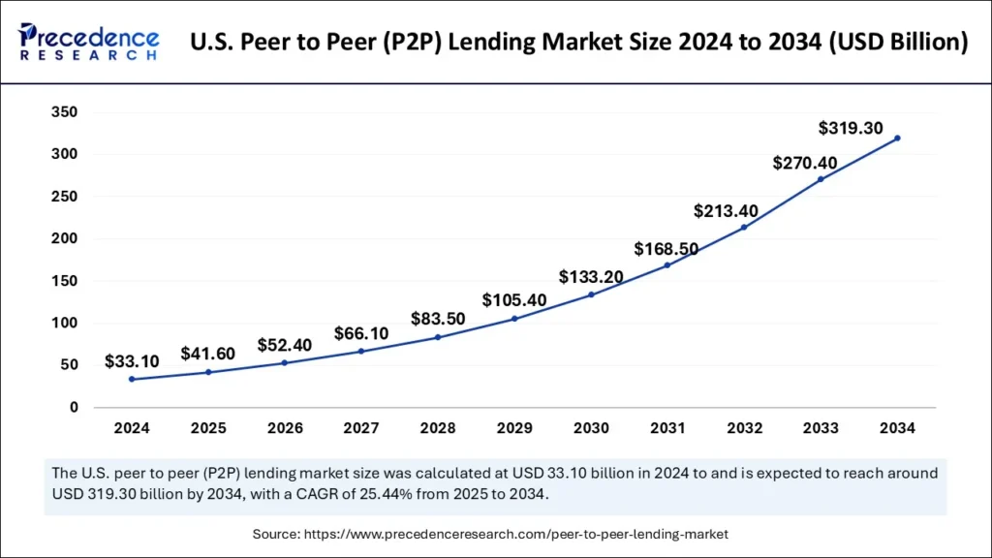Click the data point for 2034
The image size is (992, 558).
coord(897,138)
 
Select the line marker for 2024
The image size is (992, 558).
coord(132,379)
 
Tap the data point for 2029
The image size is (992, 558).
coord(514,319)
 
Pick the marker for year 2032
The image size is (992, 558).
coord(744,228)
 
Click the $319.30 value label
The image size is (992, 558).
coord(850,127)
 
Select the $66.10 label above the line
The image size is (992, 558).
coord(360,333)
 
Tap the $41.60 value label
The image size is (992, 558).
coord(207,354)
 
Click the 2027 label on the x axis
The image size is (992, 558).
coord(361,427)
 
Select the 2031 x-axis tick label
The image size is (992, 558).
coord(667,427)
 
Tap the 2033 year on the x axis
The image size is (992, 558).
coord(821,427)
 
